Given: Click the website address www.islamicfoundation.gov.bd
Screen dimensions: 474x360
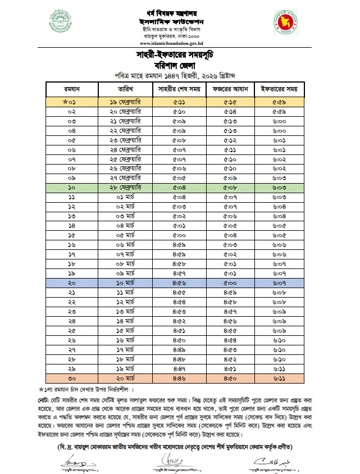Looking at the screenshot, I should tap(180, 43).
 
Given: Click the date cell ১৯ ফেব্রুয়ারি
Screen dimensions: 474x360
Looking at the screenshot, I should tap(126, 102).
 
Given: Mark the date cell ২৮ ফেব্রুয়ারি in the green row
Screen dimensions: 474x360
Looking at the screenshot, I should tap(126, 187).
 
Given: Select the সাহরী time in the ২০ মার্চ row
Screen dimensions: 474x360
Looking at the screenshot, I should tap(180, 379).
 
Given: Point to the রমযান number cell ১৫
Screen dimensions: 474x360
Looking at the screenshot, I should tap(72, 235).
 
